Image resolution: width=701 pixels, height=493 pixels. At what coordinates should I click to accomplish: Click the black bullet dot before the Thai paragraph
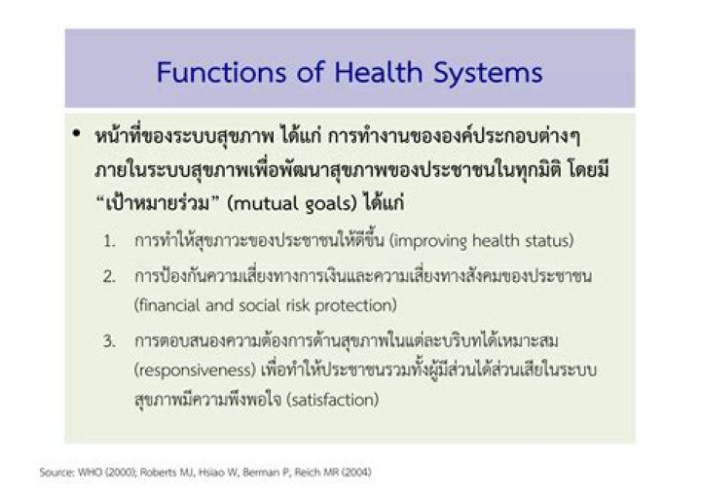click(76, 133)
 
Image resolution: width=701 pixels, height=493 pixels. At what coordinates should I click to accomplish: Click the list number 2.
click(110, 276)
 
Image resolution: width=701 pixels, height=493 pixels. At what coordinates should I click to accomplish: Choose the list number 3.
click(110, 340)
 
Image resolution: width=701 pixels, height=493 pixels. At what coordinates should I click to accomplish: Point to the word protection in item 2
click(359, 305)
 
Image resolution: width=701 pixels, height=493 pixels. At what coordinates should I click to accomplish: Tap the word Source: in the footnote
click(56, 474)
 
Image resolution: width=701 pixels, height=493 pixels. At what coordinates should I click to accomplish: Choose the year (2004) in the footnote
click(352, 474)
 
